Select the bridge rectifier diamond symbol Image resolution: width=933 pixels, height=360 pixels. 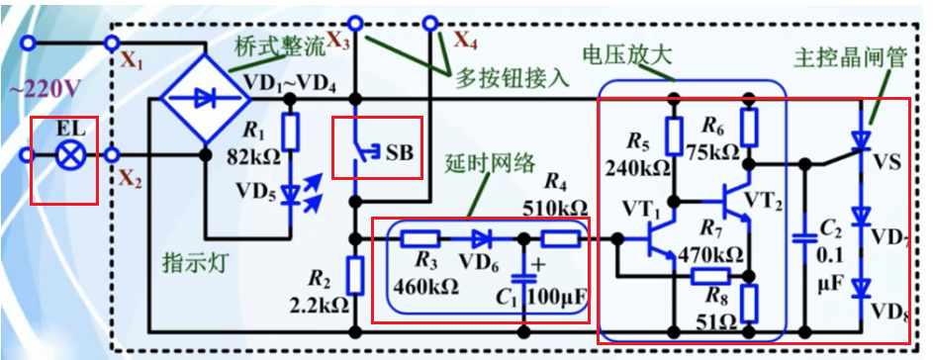(x=205, y=98)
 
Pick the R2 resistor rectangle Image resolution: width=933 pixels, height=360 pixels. (x=354, y=274)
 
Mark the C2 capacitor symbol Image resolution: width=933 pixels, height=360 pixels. (x=804, y=238)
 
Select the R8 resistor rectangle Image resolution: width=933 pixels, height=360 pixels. (x=749, y=300)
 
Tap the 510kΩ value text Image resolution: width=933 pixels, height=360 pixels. (x=555, y=209)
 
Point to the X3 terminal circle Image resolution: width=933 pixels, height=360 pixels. (x=354, y=22)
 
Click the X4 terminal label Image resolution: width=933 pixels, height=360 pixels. (x=465, y=42)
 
